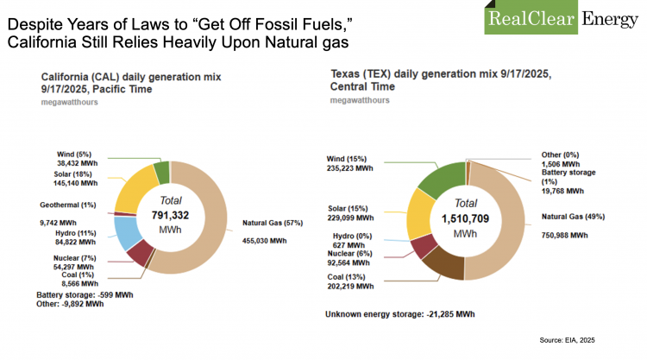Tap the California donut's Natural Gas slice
216,216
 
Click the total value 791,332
169,215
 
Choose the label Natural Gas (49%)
573,216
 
